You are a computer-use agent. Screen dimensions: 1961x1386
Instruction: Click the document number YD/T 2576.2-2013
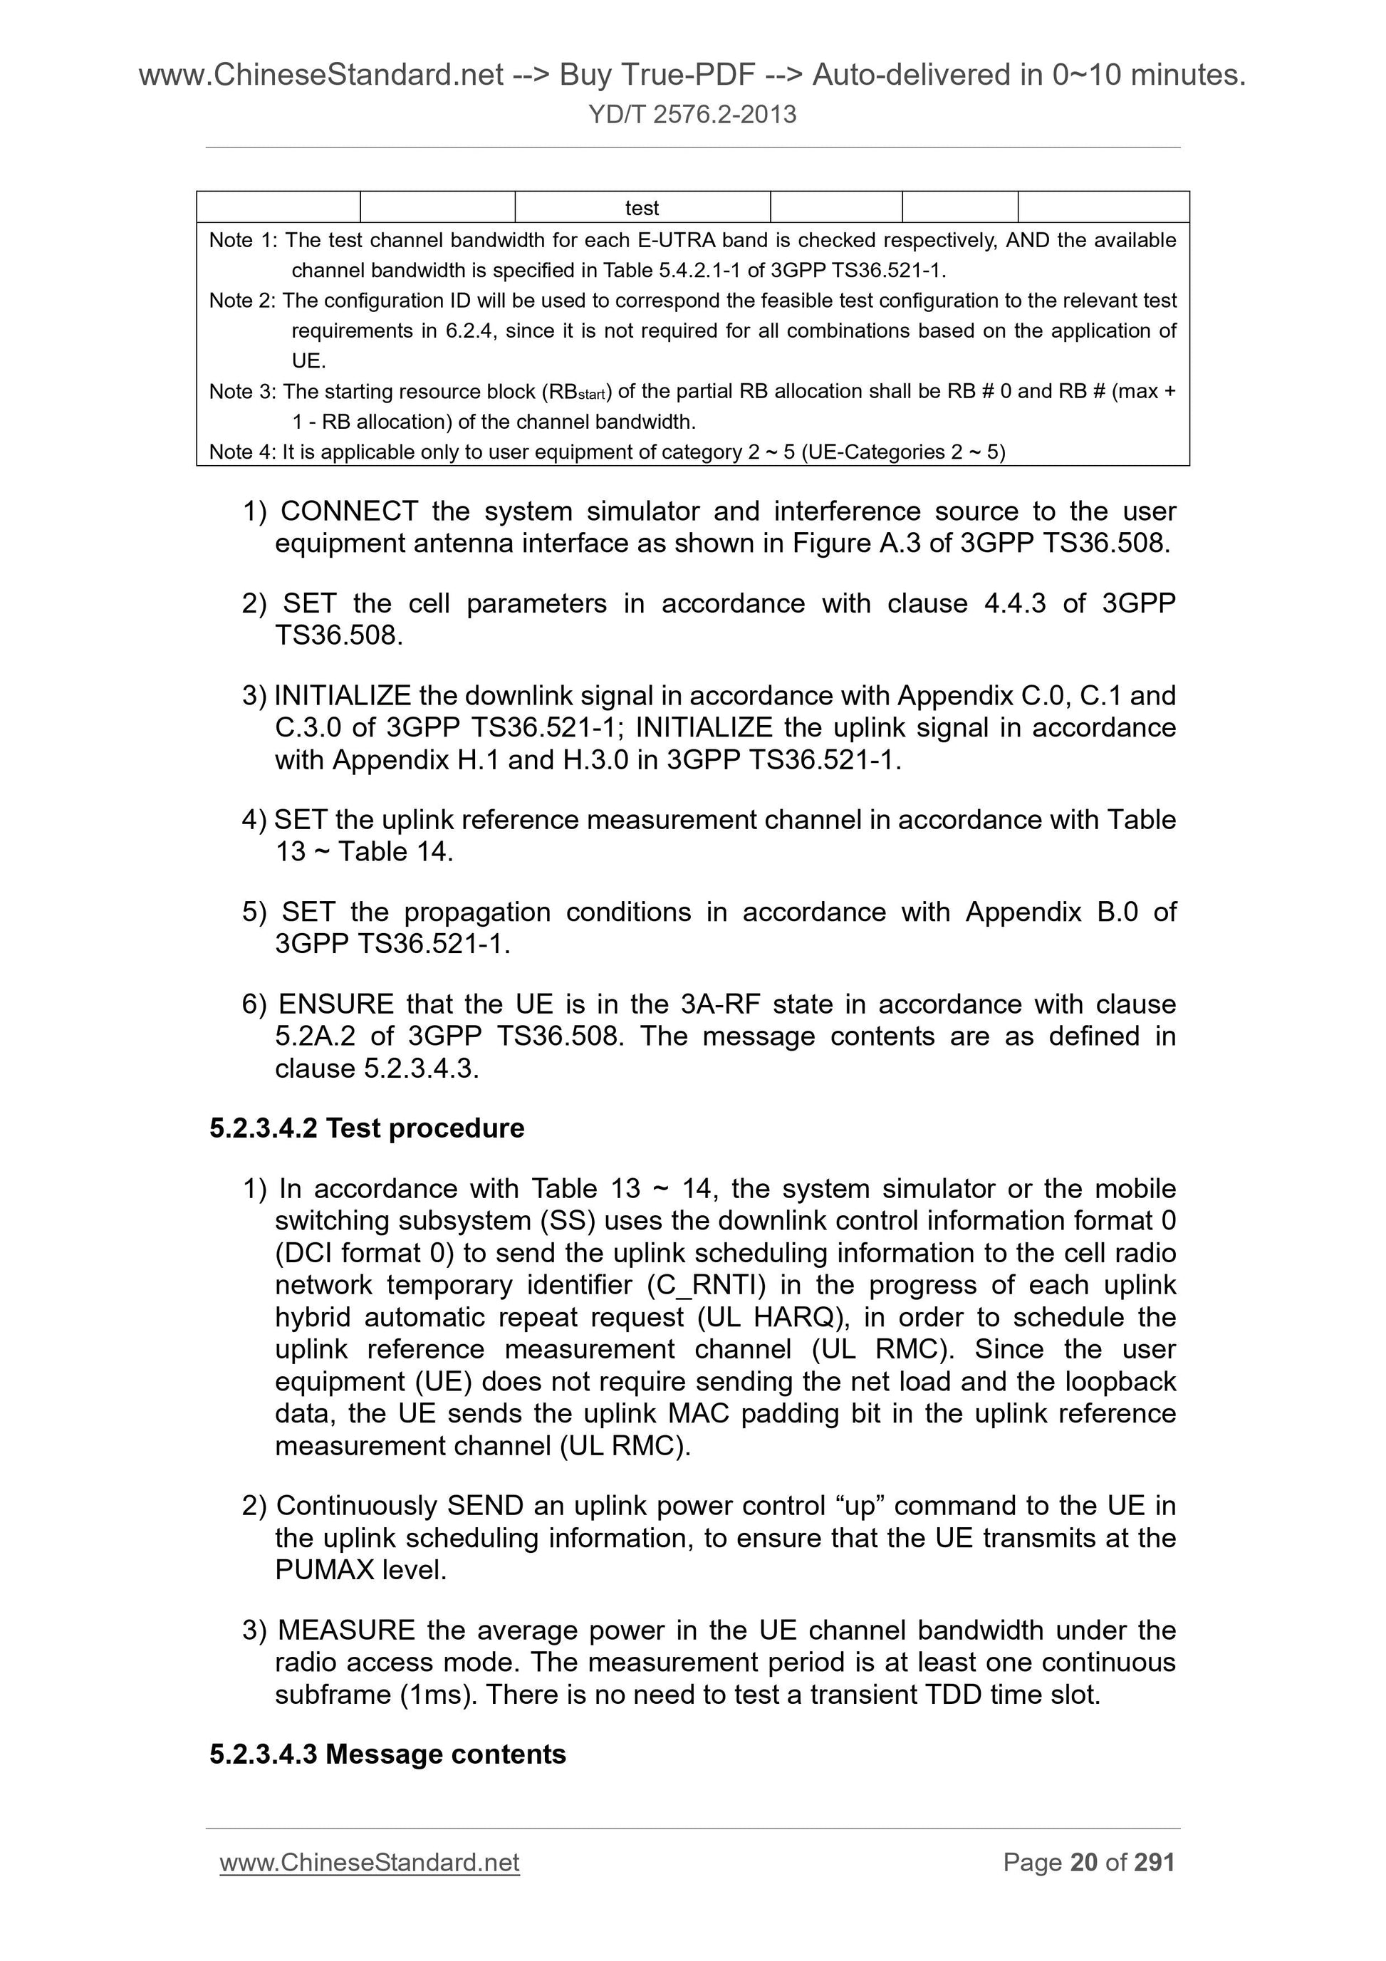tap(692, 115)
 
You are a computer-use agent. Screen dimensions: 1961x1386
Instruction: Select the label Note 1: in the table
tap(243, 241)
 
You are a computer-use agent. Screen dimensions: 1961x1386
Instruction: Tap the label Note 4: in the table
tap(243, 452)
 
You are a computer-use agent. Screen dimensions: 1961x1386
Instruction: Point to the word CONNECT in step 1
tap(348, 511)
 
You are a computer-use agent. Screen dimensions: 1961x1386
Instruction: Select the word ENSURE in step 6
tap(335, 1004)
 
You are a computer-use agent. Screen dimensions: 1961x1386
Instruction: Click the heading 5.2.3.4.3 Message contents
tap(387, 1754)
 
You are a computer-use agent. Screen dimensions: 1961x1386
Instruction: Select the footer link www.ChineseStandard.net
tap(369, 1862)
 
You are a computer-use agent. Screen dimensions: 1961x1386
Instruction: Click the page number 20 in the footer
tap(1083, 1862)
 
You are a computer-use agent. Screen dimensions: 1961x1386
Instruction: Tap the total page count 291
tap(1154, 1862)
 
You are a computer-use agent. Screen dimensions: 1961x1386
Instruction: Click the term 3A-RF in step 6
tap(720, 1004)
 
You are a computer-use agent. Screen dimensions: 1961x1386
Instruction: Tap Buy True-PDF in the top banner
tap(657, 76)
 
